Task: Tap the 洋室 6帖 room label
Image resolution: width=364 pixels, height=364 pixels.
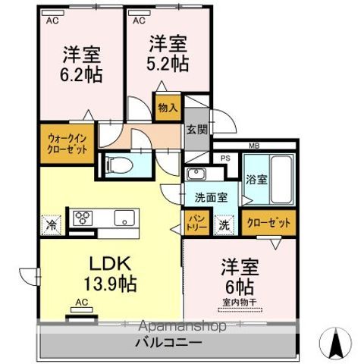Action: pyautogui.click(x=238, y=277)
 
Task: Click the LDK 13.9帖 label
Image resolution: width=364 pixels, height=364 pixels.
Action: pyautogui.click(x=112, y=274)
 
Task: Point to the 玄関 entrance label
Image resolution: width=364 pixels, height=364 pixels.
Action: pyautogui.click(x=195, y=129)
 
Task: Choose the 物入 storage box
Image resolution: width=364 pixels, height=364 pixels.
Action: pyautogui.click(x=166, y=108)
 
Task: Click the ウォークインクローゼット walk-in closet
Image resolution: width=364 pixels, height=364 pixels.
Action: pyautogui.click(x=64, y=143)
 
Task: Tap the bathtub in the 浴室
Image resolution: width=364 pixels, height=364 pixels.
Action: pyautogui.click(x=281, y=182)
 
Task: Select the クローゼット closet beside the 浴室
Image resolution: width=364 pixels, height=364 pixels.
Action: pyautogui.click(x=269, y=223)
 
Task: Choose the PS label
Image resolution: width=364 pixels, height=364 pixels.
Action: pyautogui.click(x=225, y=158)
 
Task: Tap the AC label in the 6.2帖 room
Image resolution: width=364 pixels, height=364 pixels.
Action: pyautogui.click(x=52, y=21)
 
